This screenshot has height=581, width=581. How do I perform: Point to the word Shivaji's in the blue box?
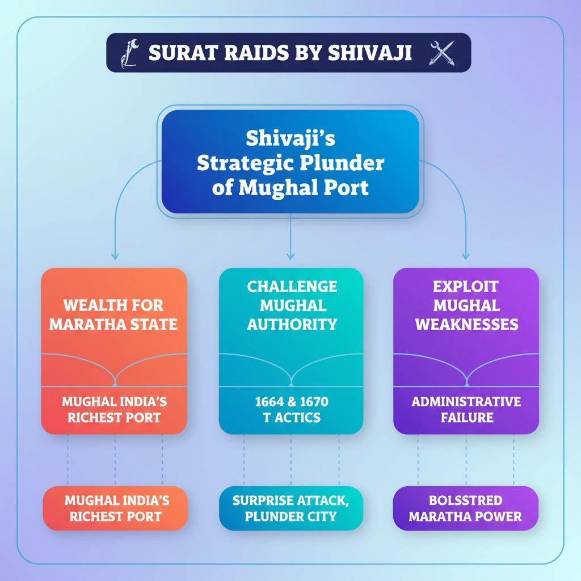point(290,138)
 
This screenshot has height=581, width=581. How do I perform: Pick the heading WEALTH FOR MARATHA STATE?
point(113,315)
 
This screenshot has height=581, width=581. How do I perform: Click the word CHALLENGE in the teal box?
point(292,287)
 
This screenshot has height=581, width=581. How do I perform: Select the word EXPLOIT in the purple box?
point(466,287)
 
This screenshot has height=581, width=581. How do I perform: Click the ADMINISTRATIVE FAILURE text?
point(466,410)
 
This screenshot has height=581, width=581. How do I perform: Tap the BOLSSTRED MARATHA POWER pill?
point(466,508)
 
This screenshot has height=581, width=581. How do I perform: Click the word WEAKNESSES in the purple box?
point(466,325)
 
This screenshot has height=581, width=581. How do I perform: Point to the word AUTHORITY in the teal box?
point(292,325)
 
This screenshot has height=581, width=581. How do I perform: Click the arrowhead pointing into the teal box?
point(290,256)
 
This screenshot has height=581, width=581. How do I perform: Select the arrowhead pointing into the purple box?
point(466,256)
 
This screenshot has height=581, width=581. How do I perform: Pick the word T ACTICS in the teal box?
point(292,418)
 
